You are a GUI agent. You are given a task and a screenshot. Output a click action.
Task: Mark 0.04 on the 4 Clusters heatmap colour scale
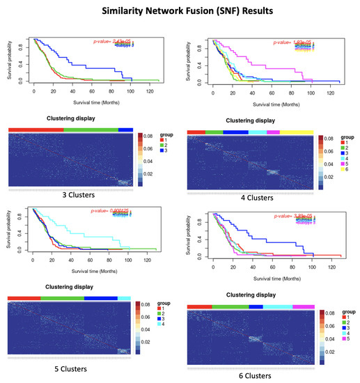(331, 169)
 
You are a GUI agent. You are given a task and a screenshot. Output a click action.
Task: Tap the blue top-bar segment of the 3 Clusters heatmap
(125, 130)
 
